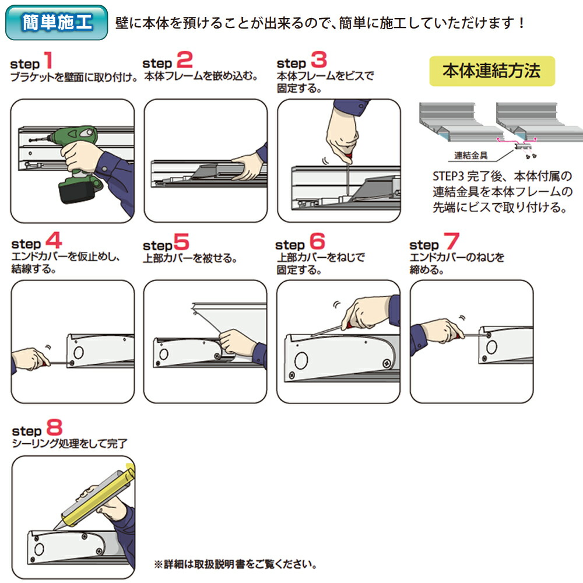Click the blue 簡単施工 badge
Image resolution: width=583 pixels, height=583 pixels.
click(x=57, y=23)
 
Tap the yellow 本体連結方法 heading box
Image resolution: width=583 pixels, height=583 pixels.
click(x=491, y=71)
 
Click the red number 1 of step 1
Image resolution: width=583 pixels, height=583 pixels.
click(x=48, y=60)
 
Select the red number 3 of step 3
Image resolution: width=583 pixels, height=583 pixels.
click(x=318, y=60)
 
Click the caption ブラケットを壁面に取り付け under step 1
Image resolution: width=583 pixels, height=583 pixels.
click(x=73, y=77)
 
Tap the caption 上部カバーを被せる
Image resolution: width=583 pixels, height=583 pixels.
click(x=190, y=258)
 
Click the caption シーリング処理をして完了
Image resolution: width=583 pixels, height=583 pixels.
click(x=69, y=444)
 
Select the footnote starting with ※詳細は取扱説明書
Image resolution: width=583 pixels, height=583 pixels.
click(x=236, y=564)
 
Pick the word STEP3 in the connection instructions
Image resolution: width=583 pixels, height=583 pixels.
click(x=447, y=176)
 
